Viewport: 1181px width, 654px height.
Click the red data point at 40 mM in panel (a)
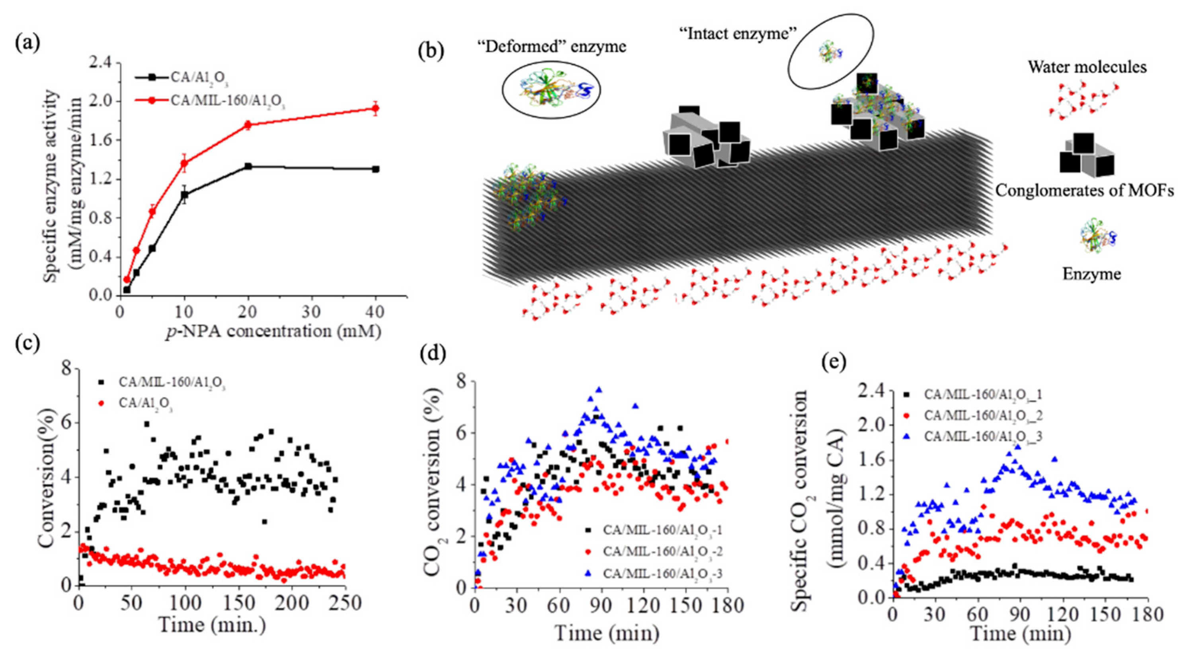375,109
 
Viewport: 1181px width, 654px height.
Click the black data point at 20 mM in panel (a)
248,166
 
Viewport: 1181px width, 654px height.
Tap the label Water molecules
1087,67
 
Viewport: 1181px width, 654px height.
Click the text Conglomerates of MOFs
1084,190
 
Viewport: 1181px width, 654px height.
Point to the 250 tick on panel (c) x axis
344,603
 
